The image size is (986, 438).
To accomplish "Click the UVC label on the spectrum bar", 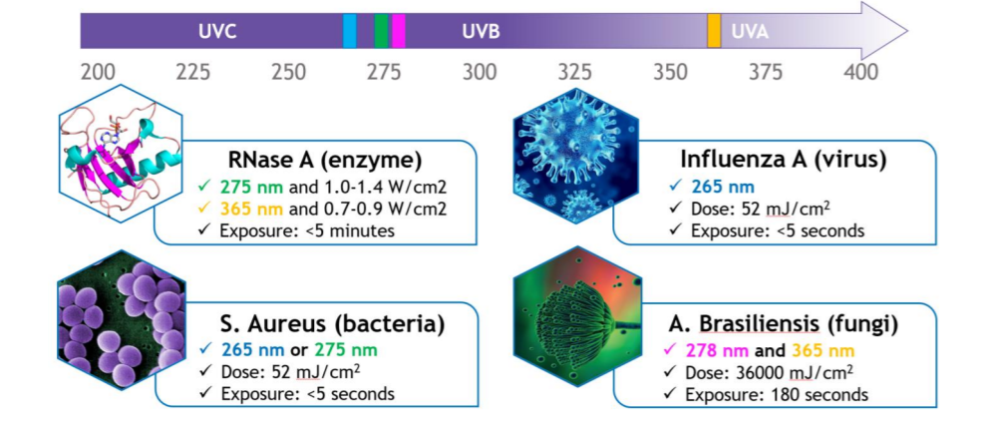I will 216,31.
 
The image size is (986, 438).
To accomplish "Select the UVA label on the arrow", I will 750,31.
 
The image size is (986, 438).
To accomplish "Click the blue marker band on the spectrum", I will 349,31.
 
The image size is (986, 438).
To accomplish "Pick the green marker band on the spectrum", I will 381,31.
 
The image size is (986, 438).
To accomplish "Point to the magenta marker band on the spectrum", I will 399,31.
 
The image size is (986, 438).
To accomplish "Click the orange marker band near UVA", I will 714,31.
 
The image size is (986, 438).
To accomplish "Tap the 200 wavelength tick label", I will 98,73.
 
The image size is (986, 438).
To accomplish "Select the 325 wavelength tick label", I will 575,73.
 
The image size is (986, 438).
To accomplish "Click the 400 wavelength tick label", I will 860,73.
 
